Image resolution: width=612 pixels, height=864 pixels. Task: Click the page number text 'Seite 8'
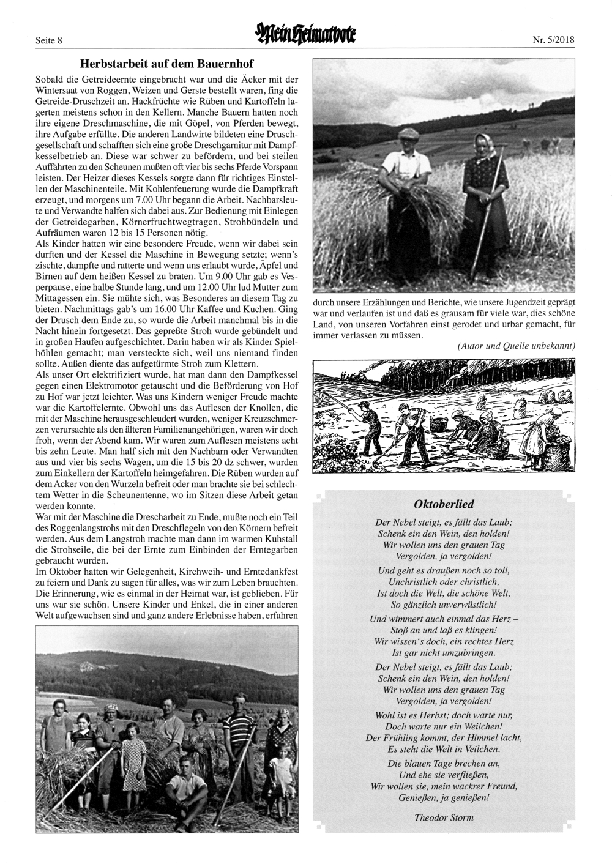pos(50,41)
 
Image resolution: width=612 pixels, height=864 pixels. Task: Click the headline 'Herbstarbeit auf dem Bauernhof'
pos(166,64)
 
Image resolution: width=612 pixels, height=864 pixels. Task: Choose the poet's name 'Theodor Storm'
pos(444,817)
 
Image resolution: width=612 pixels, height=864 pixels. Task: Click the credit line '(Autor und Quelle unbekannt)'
pos(516,346)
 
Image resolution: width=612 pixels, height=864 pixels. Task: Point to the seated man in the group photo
pos(187,789)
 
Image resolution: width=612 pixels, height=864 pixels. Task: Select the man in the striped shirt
pos(237,740)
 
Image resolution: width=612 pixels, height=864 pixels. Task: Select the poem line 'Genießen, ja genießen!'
pos(444,797)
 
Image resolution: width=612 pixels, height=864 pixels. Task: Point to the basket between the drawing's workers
pos(438,423)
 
